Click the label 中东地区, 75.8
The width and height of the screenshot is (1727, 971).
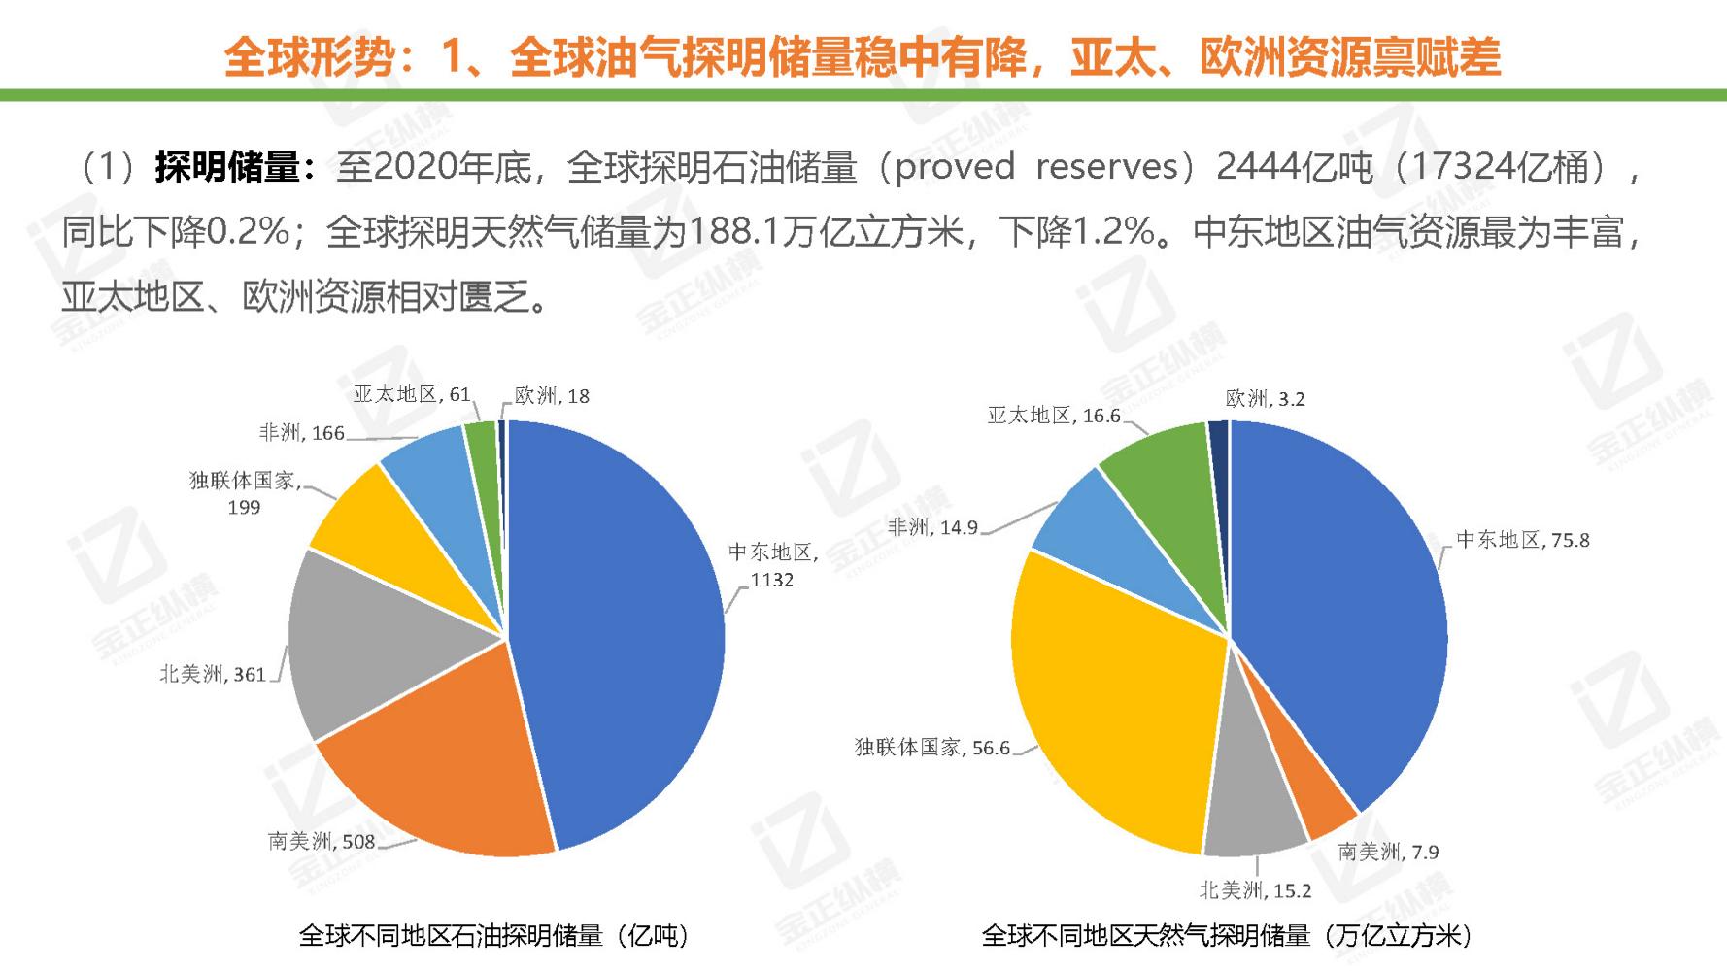coord(1523,540)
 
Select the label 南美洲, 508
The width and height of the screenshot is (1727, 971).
coord(322,841)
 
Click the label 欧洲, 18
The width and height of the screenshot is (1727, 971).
coord(552,395)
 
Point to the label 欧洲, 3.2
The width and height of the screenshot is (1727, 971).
coord(1265,399)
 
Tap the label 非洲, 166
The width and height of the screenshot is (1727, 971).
coord(301,433)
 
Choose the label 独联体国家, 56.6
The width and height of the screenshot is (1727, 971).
coord(932,748)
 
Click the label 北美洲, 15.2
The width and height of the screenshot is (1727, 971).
coord(1255,890)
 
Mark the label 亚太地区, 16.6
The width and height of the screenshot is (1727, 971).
coord(1054,416)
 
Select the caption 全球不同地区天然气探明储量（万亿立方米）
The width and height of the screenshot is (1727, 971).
coord(1229,935)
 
